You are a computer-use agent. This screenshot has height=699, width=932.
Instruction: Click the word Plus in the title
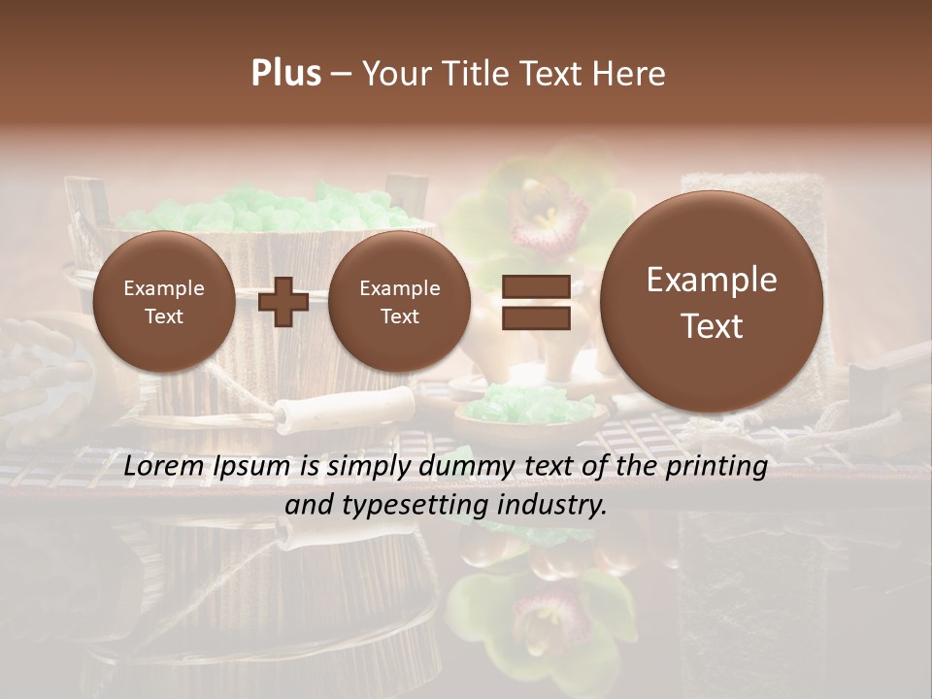pos(285,74)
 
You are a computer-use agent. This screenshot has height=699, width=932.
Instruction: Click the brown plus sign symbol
pos(283,301)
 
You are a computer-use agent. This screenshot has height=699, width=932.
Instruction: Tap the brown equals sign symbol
pos(535,301)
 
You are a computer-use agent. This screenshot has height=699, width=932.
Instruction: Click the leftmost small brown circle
pos(163,302)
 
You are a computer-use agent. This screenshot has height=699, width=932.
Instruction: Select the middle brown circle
pos(399,302)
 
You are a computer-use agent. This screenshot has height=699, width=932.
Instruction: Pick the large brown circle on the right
pos(712,302)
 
